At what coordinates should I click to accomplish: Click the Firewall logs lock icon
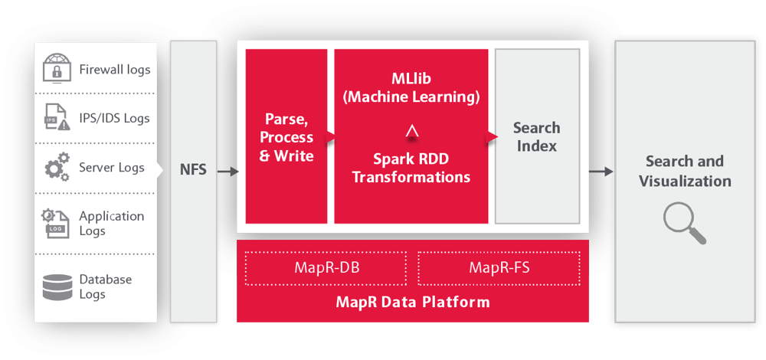pos(57,68)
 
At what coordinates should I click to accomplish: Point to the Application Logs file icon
pos(55,223)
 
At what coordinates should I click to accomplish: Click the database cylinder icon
pos(57,287)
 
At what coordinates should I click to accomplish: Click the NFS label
pos(193,171)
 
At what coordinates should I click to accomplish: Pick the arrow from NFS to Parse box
pos(228,172)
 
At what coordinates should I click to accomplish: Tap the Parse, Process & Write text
pos(286,137)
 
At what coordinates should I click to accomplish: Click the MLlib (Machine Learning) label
pos(411,88)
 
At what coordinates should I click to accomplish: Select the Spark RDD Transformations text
pos(411,168)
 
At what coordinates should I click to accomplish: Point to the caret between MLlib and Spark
pos(412,132)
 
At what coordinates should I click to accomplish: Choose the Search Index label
pos(536,137)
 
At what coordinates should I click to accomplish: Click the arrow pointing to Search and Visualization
pos(601,172)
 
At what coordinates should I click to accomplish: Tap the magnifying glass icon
pos(685,224)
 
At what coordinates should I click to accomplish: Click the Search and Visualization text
pos(685,171)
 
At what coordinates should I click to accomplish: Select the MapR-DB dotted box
pos(326,268)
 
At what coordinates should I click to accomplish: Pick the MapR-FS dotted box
pos(499,268)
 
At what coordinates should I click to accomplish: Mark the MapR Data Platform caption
pos(413,302)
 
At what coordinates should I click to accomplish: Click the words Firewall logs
pos(115,70)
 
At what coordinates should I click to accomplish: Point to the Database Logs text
pos(106,286)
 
